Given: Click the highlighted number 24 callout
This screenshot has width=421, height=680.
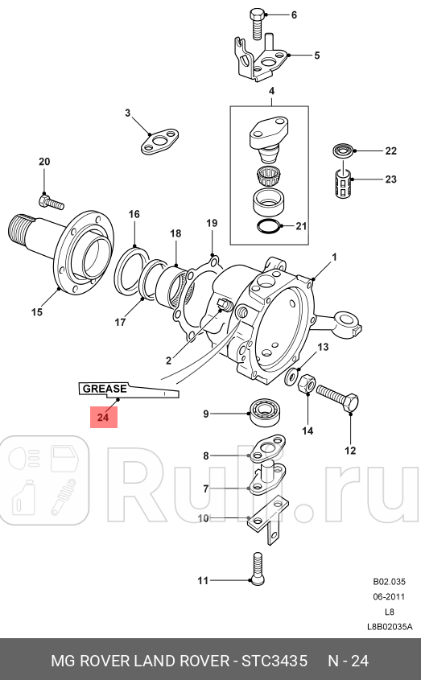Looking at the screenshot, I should pos(103,417).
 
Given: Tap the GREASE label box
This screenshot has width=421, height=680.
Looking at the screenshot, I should pos(103,389).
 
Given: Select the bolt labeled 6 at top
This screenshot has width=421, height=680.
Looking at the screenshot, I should pos(255,21).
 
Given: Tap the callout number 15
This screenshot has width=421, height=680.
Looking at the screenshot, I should pos(36,312).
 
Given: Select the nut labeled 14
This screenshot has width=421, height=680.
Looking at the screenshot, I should pos(307,387).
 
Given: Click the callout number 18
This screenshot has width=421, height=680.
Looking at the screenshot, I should pos(175,233).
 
